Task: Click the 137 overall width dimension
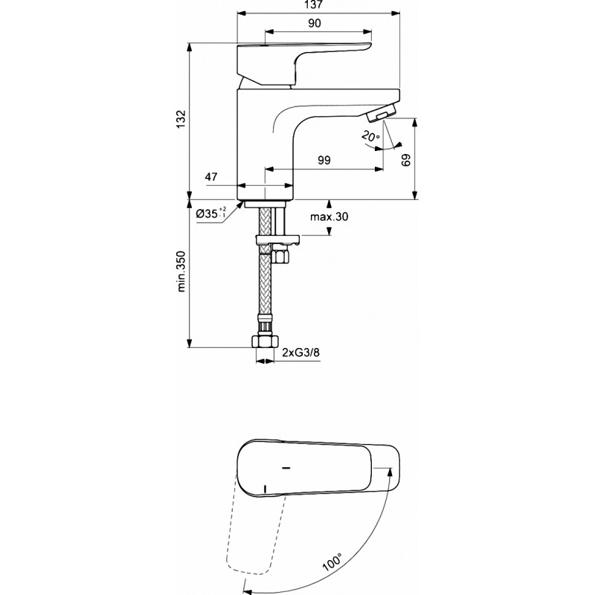coord(313,4)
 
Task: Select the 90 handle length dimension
coord(314,23)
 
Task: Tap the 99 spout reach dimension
coord(324,160)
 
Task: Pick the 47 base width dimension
coord(211,177)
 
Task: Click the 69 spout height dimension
coord(405,161)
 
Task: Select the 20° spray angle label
coord(370,136)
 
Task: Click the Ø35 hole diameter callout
coord(211,213)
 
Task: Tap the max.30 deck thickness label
coord(329,216)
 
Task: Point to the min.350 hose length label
coord(181,271)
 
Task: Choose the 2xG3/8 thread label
coord(301,353)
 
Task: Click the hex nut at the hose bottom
coord(265,341)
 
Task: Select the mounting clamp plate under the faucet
coord(277,240)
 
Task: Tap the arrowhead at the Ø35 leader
coord(239,205)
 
